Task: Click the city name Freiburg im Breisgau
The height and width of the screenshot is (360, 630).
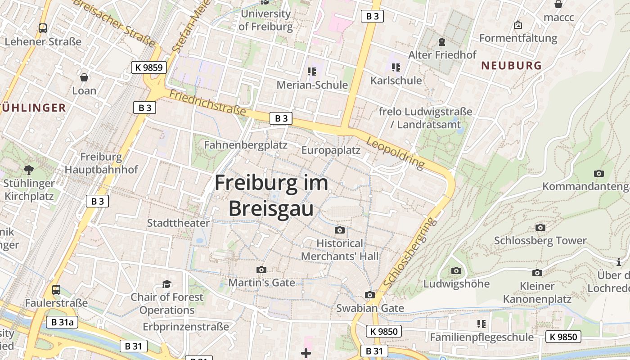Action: click(271, 196)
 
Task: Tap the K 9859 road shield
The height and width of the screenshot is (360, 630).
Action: click(149, 68)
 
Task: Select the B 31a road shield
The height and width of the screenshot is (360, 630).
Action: click(62, 322)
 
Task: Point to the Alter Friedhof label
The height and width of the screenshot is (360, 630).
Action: click(442, 55)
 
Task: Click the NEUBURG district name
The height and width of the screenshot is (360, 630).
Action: click(512, 66)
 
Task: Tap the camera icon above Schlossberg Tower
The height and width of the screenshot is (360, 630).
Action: click(540, 228)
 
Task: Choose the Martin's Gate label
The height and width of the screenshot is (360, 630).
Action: click(262, 283)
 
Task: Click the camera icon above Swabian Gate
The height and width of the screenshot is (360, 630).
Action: click(370, 295)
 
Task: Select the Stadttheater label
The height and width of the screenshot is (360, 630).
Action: click(178, 223)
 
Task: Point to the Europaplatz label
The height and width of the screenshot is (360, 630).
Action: click(331, 150)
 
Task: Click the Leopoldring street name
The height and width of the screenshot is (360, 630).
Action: click(396, 153)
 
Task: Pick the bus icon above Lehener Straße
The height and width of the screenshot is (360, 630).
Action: click(43, 28)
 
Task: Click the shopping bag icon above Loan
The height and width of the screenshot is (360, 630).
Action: click(84, 77)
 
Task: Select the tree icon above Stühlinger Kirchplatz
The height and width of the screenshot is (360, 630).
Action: click(29, 170)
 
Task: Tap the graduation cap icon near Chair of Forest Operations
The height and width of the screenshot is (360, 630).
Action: click(167, 284)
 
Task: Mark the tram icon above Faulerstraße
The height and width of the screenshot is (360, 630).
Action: click(56, 290)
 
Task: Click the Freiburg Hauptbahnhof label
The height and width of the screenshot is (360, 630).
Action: click(101, 163)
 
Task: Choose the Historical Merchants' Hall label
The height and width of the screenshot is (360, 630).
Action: click(340, 250)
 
